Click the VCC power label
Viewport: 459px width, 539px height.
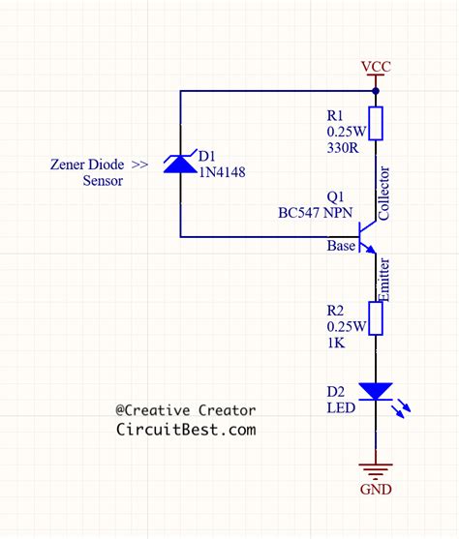coord(376,67)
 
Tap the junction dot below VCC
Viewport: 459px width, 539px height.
coord(376,91)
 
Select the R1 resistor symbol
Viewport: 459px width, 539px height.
coord(376,124)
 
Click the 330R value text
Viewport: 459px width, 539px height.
coord(343,148)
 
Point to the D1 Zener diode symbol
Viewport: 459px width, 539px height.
coord(180,163)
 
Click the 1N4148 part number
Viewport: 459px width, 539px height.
coord(223,172)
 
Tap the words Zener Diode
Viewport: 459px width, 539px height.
coord(87,165)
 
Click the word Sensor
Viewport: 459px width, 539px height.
coord(103,181)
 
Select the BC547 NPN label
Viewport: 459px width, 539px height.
coord(315,213)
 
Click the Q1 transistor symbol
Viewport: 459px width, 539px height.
coord(367,237)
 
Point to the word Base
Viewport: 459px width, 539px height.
coord(341,246)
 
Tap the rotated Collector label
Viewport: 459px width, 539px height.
coord(383,194)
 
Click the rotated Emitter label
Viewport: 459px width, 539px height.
coord(383,280)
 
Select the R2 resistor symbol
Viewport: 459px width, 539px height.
coord(376,318)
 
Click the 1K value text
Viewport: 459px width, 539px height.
coord(336,343)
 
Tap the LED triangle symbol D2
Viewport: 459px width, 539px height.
coord(376,392)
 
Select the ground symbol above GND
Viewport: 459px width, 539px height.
coord(376,472)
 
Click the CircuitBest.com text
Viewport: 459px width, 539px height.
coord(186,430)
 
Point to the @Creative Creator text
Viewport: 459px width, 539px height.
coord(186,410)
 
